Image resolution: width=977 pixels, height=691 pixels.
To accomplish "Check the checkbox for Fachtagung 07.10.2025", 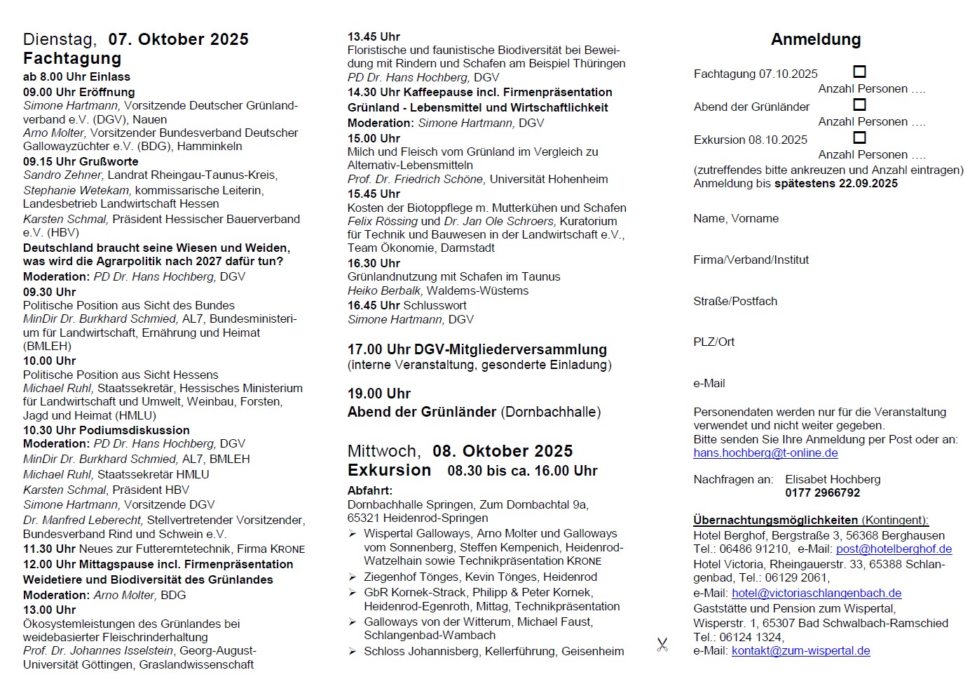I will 859,72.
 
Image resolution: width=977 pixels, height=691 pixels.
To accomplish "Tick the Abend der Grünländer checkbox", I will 859,105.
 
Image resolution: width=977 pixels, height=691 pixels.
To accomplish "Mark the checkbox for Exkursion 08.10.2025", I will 859,137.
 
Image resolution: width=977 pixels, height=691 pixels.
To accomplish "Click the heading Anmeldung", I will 816,39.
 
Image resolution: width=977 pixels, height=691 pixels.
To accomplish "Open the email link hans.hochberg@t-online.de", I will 765,453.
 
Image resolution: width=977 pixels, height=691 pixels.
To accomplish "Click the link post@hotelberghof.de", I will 894,549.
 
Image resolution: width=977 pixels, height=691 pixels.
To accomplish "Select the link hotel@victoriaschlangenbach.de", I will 817,593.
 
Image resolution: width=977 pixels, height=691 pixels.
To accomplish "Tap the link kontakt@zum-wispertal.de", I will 800,651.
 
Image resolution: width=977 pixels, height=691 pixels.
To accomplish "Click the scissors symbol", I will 662,645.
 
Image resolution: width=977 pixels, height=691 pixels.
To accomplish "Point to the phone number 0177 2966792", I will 822,493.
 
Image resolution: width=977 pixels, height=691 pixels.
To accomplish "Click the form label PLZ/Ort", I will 714,342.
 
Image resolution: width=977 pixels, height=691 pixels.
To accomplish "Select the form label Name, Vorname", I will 736,219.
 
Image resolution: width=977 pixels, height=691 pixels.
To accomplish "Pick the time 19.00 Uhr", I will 379,394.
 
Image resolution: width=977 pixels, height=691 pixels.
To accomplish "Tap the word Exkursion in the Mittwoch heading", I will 389,470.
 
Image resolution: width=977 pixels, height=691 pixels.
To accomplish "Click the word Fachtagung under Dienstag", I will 72,58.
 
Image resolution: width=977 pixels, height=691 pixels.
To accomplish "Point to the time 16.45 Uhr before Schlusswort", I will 374,306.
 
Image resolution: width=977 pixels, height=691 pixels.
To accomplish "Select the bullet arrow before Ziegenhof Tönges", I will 353,577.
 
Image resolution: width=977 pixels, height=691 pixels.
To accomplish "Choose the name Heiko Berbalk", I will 385,291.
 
